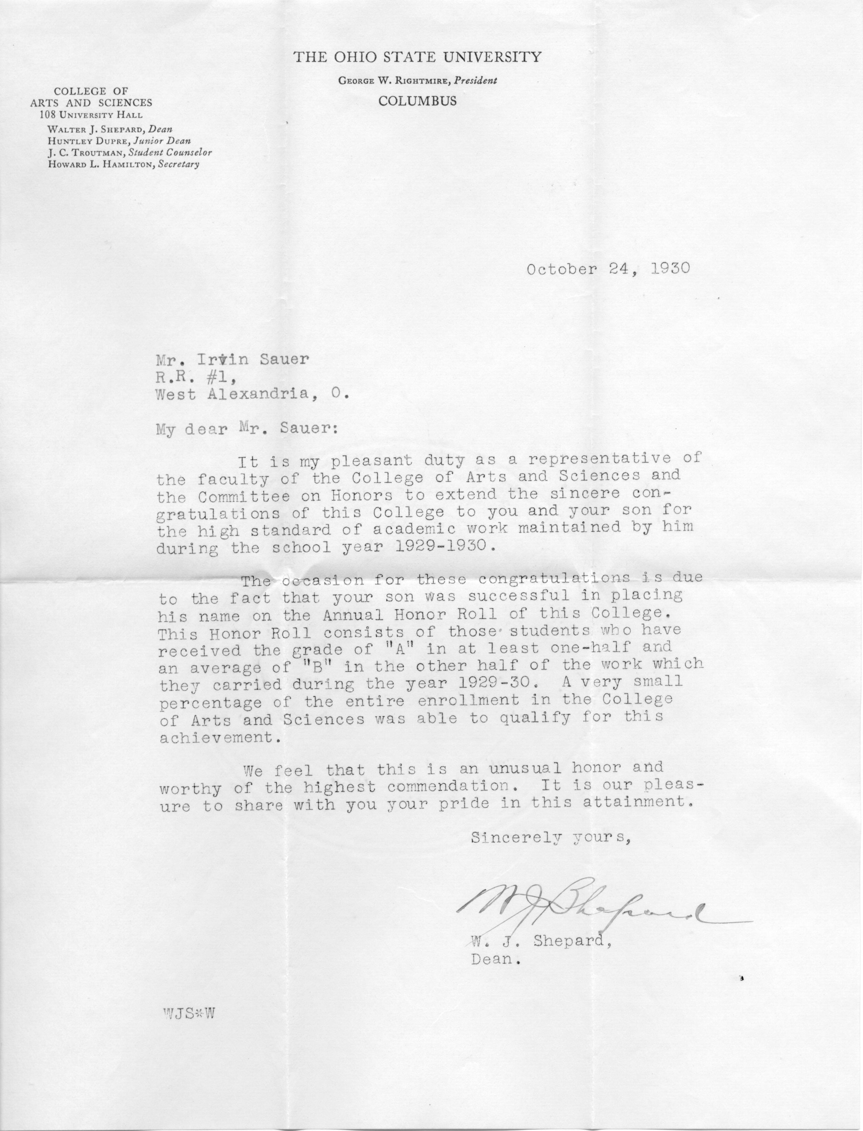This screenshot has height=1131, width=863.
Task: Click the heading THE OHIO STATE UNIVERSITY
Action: click(417, 57)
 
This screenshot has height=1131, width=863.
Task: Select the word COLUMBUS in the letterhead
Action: click(417, 101)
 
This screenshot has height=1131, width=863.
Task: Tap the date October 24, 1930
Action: click(608, 269)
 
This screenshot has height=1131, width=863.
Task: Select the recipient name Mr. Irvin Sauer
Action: click(233, 359)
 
